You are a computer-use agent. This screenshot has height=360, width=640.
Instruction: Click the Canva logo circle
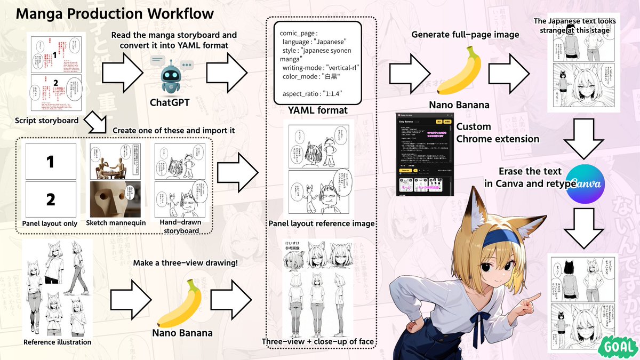coord(585,184)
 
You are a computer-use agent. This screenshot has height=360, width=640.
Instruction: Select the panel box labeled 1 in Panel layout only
coord(51,161)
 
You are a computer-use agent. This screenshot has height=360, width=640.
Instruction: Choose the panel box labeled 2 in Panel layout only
coord(51,199)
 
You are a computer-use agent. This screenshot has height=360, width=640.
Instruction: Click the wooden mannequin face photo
coord(115,199)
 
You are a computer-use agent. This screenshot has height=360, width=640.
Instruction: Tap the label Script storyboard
coord(47,121)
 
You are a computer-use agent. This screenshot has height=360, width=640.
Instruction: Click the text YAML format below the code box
coord(318,110)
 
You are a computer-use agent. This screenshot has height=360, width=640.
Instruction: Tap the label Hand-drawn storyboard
coord(179,227)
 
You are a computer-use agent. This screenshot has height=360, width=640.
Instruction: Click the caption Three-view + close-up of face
coord(318,341)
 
